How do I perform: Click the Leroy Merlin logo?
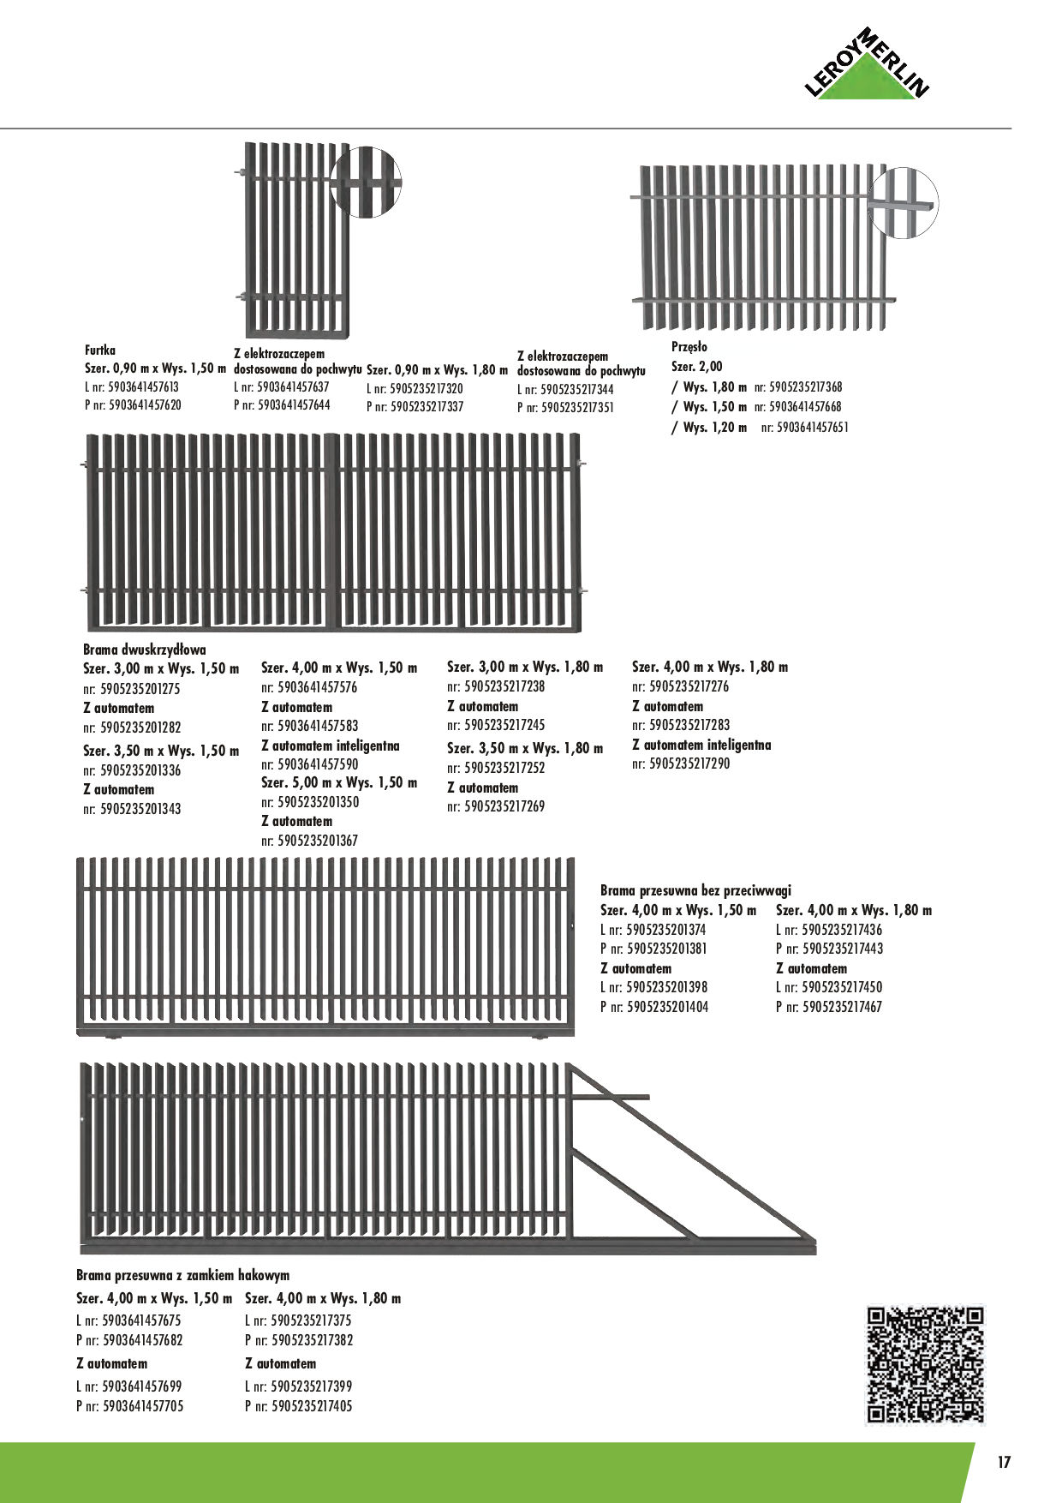pos(868,65)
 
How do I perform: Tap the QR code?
pos(925,1364)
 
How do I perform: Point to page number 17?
pos(1004,1462)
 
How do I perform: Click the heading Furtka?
pos(100,350)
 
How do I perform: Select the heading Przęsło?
pos(689,347)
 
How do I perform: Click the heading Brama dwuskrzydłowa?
pos(145,650)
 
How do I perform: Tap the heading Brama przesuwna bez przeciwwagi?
pos(695,890)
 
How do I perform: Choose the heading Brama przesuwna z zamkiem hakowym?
pos(182,1275)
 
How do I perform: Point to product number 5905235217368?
pos(805,387)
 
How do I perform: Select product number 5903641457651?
pos(812,427)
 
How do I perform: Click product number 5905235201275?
pos(140,689)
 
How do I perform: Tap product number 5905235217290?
pos(689,763)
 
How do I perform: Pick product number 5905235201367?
pos(318,841)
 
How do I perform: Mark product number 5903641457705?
pos(142,1406)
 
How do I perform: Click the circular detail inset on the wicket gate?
pos(366,182)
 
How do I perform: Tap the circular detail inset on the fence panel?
pos(903,203)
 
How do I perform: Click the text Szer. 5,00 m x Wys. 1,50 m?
pos(339,783)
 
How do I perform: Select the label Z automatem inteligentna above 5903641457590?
pos(330,746)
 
